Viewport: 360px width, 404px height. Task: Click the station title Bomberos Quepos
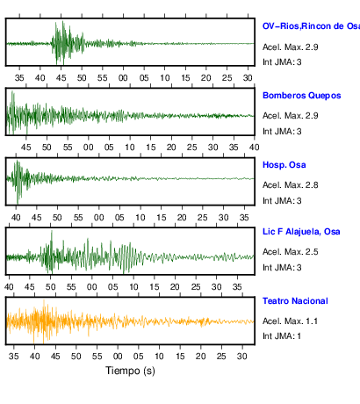302,96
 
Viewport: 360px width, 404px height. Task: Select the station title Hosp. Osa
284,165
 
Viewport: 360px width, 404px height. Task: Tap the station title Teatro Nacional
295,301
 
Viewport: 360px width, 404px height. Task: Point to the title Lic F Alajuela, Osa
301,232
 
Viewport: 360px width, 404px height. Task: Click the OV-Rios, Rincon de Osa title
311,26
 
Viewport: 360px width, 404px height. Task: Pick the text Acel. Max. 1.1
290,321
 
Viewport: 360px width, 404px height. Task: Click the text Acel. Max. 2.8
290,185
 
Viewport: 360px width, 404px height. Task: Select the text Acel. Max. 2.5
290,252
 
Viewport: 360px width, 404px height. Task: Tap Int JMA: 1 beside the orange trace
282,336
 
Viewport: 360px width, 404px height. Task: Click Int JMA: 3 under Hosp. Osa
282,201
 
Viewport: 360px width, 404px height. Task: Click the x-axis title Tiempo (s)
130,371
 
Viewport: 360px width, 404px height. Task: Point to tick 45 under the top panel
61,78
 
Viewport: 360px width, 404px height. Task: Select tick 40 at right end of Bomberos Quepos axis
254,147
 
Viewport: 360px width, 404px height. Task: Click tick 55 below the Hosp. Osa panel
78,218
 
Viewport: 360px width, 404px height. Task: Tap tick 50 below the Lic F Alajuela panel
50,287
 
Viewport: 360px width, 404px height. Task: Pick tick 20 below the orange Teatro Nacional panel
201,357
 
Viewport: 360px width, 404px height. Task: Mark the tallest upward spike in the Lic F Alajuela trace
52,231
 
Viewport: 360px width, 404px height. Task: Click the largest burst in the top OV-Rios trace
62,43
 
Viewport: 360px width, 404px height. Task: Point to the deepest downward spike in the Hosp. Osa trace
18,203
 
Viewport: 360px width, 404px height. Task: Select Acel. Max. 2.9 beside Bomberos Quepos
290,116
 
